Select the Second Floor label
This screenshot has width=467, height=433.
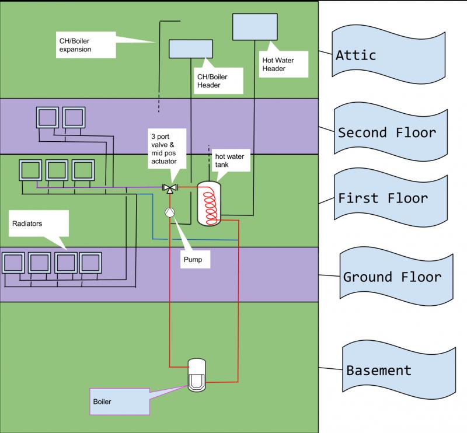click(386, 132)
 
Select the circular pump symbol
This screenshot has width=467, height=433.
click(169, 213)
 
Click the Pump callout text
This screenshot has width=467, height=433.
click(193, 259)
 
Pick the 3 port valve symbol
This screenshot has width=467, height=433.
click(170, 188)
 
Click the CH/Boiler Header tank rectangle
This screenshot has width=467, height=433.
click(187, 48)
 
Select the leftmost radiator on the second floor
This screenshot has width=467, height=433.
click(46, 118)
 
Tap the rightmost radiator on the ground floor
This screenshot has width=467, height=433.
click(90, 263)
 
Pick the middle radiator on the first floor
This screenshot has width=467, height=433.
click(57, 171)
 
